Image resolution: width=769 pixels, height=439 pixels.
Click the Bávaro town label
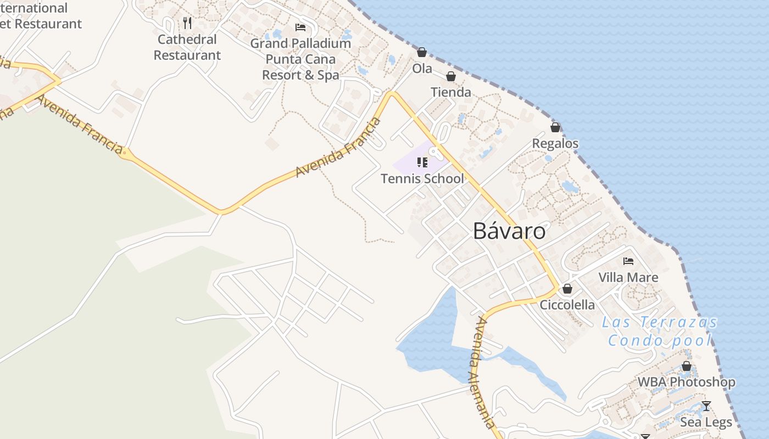(x=509, y=232)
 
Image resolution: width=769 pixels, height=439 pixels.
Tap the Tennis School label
(x=422, y=178)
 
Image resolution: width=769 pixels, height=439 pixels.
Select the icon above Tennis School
(x=422, y=162)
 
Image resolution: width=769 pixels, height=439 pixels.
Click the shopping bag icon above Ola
(x=422, y=52)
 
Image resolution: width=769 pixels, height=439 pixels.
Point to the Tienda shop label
(x=451, y=92)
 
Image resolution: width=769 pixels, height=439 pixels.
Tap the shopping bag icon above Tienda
(x=451, y=76)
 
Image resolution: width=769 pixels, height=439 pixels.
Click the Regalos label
(x=555, y=143)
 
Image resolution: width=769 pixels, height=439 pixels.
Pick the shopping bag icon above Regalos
(x=555, y=127)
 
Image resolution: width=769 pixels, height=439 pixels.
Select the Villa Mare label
(x=628, y=277)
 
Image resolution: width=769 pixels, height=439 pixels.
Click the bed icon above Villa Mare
(x=628, y=261)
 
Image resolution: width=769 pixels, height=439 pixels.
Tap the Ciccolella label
(x=567, y=305)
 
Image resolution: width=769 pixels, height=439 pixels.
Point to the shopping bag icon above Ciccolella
(x=567, y=289)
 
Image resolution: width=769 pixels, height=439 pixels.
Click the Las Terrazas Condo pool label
(x=659, y=331)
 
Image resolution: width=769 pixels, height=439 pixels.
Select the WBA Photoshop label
(x=686, y=382)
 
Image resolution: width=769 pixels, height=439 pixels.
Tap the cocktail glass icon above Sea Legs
(x=706, y=406)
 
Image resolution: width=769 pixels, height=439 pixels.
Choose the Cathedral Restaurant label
(x=187, y=47)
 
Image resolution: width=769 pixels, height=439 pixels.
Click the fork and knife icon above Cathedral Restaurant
(x=187, y=22)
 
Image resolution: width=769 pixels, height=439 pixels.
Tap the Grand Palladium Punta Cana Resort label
(x=300, y=59)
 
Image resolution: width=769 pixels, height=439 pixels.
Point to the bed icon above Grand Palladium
(x=300, y=27)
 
